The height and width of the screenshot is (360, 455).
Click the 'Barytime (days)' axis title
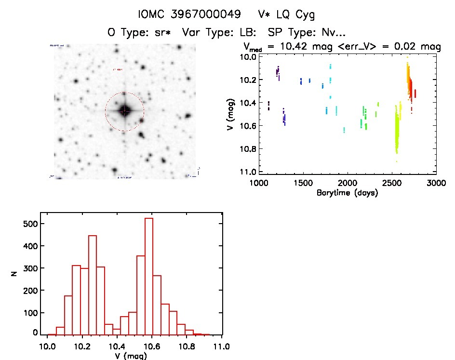click(x=347, y=193)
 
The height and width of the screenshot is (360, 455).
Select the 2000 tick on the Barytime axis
click(x=347, y=184)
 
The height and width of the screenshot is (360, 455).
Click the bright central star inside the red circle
click(x=125, y=111)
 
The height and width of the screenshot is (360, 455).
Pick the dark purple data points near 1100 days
click(x=268, y=106)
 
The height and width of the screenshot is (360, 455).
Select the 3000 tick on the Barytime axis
click(x=436, y=184)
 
